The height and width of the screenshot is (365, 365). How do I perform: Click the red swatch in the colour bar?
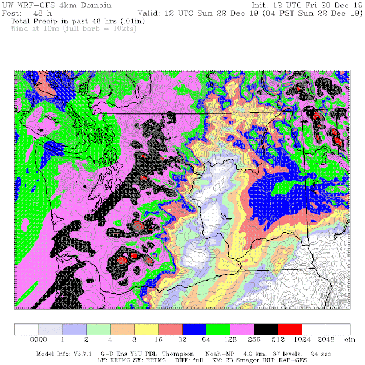pos(290,330)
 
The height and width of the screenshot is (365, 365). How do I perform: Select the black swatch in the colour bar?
pos(266,330)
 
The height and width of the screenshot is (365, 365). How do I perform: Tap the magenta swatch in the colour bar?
pos(242,330)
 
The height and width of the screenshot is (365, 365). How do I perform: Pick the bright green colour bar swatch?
pos(218,330)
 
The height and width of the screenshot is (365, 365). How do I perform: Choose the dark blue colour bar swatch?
pos(194,330)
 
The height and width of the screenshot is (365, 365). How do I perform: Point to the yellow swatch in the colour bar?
pos(147,330)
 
